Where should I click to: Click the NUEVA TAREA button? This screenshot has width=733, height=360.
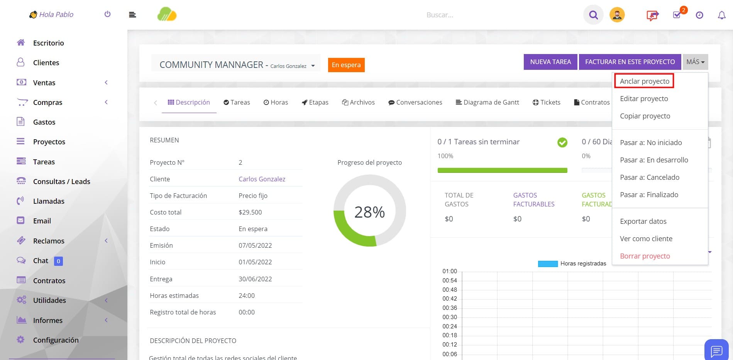coord(550,62)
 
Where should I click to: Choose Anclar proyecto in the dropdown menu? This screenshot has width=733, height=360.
coord(644,81)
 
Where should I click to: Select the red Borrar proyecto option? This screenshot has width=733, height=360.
coord(645,256)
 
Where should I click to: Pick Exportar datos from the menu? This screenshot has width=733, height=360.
coord(643,221)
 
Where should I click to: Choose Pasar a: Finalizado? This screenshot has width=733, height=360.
coord(649,194)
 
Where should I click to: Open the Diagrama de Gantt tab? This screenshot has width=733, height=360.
coord(487,102)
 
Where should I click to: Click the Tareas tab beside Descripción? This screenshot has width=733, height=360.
coord(237,102)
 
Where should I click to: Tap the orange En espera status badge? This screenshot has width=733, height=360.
coord(346,65)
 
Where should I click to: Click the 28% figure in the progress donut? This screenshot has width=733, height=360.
coord(369,212)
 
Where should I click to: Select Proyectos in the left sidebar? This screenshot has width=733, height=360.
coord(49,142)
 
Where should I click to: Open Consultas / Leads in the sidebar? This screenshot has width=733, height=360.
coord(61,181)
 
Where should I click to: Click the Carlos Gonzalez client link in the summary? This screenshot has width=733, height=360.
coord(262,179)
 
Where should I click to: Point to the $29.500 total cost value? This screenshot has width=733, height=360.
coord(250,212)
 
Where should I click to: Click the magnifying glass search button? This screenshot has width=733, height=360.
coord(593,15)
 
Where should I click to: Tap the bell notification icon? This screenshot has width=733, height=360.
coord(721,15)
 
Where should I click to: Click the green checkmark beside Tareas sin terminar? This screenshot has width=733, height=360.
coord(562,142)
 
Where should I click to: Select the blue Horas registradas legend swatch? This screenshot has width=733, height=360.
coord(548,264)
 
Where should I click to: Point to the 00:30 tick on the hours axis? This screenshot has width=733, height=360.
coord(450,317)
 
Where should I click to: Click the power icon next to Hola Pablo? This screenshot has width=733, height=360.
coord(107,14)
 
